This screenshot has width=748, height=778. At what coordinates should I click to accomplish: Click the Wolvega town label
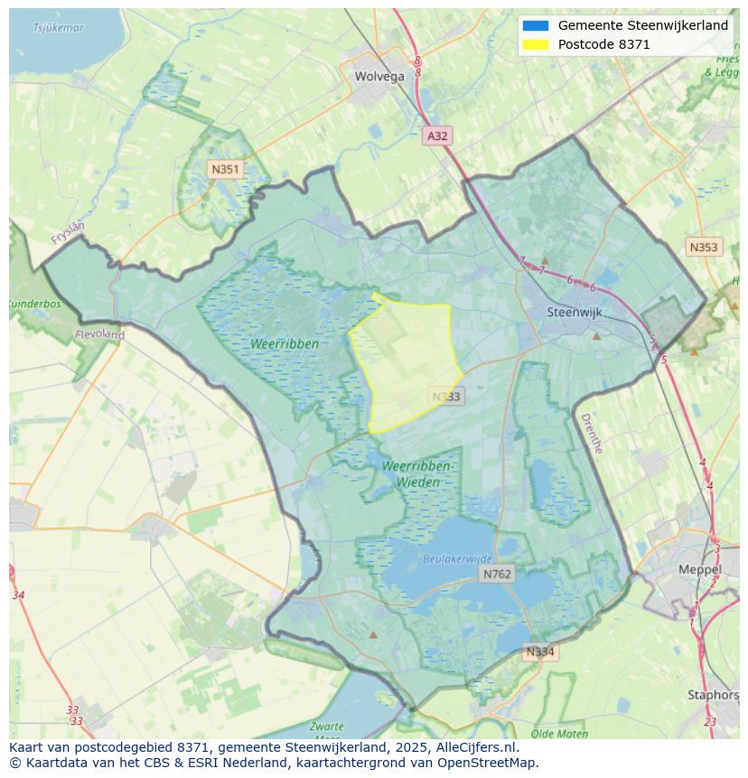click(379, 77)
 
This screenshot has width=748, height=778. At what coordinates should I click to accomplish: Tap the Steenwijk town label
click(575, 312)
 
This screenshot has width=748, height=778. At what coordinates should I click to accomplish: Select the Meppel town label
click(700, 570)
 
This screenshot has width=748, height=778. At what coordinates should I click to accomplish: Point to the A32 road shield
click(437, 136)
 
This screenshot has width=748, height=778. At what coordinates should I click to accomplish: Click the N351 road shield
click(224, 169)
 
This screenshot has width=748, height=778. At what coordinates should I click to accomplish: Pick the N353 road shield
click(703, 247)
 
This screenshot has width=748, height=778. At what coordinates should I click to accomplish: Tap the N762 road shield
click(497, 574)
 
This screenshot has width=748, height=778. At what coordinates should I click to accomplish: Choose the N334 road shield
click(540, 651)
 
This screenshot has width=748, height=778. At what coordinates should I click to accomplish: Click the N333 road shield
click(446, 397)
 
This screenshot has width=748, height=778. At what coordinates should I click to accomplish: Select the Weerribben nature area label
click(285, 344)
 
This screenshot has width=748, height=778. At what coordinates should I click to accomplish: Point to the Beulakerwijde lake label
click(458, 559)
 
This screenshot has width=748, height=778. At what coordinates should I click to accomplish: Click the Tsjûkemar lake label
click(58, 28)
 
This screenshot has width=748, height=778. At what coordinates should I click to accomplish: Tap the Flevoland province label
click(99, 334)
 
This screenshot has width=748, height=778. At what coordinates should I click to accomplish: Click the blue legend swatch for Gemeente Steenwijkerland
click(535, 26)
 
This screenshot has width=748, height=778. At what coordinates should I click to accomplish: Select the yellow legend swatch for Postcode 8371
click(535, 44)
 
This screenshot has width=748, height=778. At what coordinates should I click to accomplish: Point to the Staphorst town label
click(713, 695)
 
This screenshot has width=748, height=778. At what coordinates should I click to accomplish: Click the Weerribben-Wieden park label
click(416, 473)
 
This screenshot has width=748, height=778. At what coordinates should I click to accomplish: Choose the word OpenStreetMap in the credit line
click(489, 763)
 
